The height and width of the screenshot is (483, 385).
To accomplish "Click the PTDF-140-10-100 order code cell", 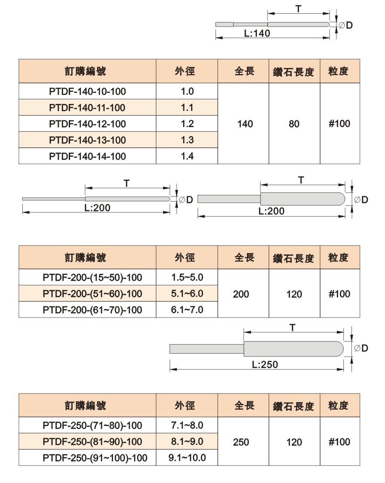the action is click(x=88, y=92).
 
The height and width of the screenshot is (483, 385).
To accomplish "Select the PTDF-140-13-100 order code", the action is click(x=88, y=140).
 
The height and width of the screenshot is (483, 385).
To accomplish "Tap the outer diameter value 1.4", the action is click(x=187, y=156).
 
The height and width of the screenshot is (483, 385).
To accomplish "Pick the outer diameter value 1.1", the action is click(x=187, y=107).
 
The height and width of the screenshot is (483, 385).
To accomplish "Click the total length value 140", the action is click(x=245, y=124).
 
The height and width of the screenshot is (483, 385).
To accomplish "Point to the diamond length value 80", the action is click(x=294, y=124).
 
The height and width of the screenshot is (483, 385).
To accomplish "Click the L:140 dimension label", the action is click(x=257, y=33).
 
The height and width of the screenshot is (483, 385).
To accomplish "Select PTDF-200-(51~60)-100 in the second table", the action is click(x=92, y=293).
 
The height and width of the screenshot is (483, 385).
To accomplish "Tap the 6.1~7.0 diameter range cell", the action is click(x=187, y=309).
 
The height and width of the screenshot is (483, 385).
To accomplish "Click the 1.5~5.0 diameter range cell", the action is click(x=187, y=277).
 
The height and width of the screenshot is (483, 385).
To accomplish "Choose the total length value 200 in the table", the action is click(x=241, y=294).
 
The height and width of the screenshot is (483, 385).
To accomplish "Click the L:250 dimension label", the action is click(x=265, y=364).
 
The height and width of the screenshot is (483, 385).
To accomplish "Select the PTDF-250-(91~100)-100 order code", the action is click(x=95, y=458).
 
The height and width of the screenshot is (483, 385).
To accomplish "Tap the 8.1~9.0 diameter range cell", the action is click(x=187, y=441).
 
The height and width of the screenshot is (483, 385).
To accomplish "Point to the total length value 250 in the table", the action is click(x=241, y=442).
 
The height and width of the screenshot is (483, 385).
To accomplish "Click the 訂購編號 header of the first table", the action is click(x=86, y=71).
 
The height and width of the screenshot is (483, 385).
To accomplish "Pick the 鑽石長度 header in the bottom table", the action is click(x=293, y=406).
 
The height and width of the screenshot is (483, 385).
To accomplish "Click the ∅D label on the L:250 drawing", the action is click(x=361, y=348).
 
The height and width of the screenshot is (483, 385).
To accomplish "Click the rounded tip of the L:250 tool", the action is click(x=340, y=348).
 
